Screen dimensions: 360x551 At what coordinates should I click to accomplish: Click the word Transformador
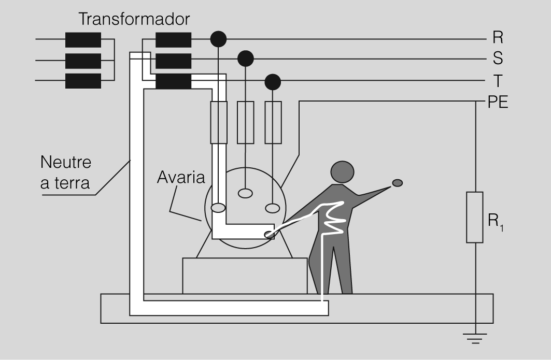pyautogui.click(x=134, y=20)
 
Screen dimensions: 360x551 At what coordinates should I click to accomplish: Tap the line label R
pyautogui.click(x=497, y=38)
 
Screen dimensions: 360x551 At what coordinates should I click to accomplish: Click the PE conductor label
pyautogui.click(x=498, y=102)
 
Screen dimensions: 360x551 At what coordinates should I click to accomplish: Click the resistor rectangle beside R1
pyautogui.click(x=474, y=217)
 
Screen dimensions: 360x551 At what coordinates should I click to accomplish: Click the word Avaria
pyautogui.click(x=181, y=178)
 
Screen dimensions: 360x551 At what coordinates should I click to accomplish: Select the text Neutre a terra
pyautogui.click(x=66, y=172)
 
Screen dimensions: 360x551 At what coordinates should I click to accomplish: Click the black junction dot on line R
pyautogui.click(x=218, y=38)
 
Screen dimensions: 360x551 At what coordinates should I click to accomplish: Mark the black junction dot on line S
pyautogui.click(x=245, y=59)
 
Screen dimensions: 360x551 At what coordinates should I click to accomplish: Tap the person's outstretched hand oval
pyautogui.click(x=397, y=182)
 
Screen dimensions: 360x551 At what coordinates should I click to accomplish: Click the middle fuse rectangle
pyautogui.click(x=245, y=122)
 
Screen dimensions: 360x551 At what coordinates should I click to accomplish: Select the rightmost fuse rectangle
pyautogui.click(x=273, y=122)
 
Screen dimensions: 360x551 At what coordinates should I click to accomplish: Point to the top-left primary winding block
pyautogui.click(x=83, y=39)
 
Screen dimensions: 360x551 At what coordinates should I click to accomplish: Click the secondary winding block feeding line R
pyautogui.click(x=173, y=39)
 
